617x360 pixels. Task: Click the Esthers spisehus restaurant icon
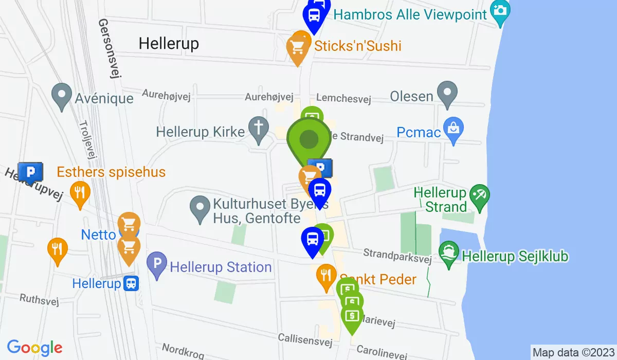tap(80, 192)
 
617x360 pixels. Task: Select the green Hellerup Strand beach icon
tap(480, 195)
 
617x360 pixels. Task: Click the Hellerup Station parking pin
tap(157, 264)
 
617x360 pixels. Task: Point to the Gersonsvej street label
tap(106, 49)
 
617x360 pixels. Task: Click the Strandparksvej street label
tap(396, 256)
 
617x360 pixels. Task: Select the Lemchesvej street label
tap(343, 98)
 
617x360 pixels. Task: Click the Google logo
tap(34, 348)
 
